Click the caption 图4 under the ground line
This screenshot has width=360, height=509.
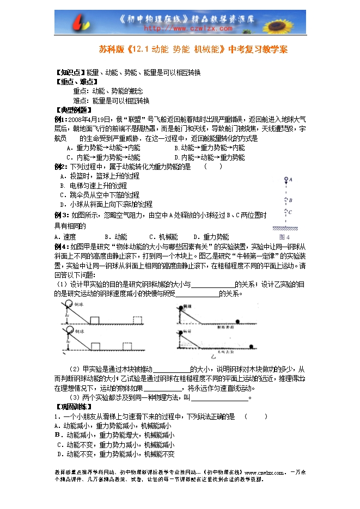(x=284, y=237)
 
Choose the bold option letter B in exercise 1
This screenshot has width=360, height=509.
(x=57, y=435)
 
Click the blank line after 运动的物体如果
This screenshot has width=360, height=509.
(x=163, y=389)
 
